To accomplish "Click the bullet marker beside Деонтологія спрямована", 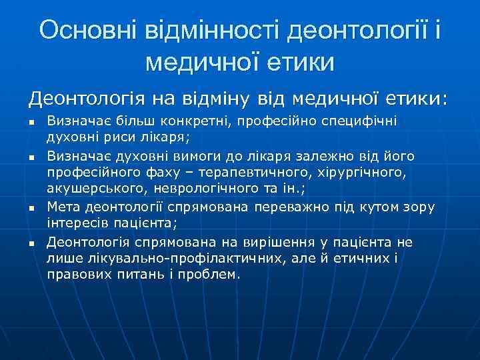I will coord(31,243).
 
